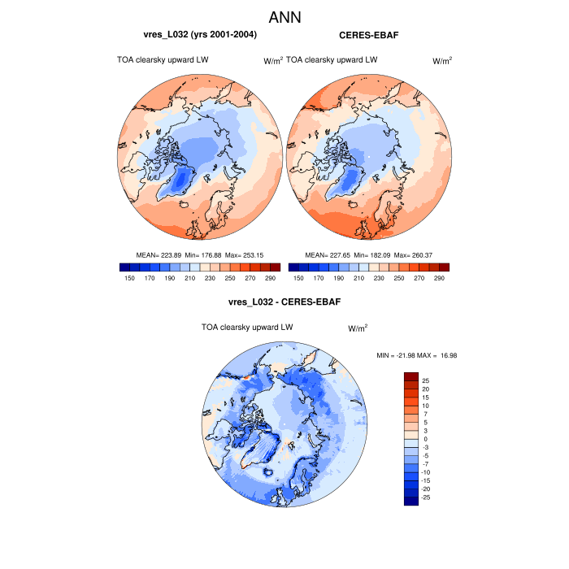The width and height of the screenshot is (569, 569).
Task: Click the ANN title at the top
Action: coord(284,17)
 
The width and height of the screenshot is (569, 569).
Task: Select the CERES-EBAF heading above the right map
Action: coord(367,35)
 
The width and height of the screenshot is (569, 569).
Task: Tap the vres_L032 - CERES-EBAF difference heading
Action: coord(284,302)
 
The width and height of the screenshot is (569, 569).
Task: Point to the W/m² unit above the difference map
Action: coord(358,328)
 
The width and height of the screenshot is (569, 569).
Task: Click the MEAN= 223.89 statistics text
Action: coord(159,255)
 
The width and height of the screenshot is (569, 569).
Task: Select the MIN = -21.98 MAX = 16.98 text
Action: coord(411,355)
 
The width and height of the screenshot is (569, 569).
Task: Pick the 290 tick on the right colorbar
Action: coord(440,278)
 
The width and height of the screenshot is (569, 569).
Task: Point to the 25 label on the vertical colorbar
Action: coord(426,380)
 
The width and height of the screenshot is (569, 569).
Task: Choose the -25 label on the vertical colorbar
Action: coord(426,496)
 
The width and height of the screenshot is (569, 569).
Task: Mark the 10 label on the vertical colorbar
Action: coord(426,405)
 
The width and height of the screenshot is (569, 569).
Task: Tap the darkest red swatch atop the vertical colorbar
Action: coord(410,376)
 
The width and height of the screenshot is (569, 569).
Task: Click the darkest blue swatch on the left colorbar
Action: coord(124,267)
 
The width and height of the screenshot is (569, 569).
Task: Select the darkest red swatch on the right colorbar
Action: coord(444,267)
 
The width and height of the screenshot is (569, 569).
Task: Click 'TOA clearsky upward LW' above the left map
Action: coord(163,59)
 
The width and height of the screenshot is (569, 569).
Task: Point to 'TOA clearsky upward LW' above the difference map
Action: coord(247,327)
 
